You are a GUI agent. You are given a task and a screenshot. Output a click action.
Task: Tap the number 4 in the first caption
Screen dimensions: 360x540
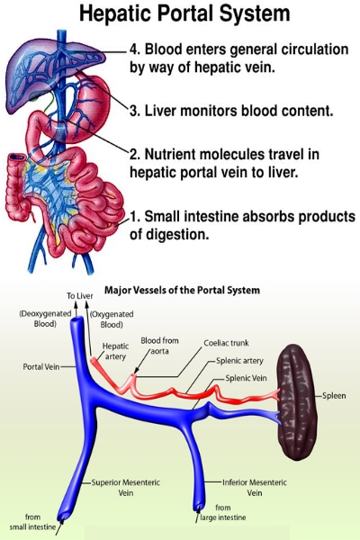(x=133, y=49)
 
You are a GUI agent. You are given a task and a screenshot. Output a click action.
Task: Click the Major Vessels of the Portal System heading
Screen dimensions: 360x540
(x=182, y=290)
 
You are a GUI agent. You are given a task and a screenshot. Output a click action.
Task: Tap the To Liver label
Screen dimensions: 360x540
(x=80, y=296)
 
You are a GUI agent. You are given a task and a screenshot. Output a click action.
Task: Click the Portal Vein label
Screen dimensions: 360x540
(x=41, y=367)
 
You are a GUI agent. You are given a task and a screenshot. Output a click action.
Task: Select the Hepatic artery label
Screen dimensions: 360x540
(x=115, y=351)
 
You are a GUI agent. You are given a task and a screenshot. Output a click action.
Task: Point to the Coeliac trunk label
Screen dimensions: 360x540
(x=226, y=343)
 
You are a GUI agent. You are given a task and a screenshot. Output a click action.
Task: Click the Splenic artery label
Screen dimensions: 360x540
(x=239, y=361)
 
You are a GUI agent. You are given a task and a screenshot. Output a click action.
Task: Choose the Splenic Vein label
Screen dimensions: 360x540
(x=246, y=378)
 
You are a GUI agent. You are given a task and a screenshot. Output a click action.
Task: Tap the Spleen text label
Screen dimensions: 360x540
(x=334, y=395)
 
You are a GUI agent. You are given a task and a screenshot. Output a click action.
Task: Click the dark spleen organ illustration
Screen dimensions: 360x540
(x=298, y=401)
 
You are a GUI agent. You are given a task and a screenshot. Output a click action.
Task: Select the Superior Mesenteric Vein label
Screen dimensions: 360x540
(x=126, y=487)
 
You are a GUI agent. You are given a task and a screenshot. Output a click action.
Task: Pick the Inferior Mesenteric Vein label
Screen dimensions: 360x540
(x=254, y=487)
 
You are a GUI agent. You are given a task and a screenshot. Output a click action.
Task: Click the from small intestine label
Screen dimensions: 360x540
(x=32, y=522)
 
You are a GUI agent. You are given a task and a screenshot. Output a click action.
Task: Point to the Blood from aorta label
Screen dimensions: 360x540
(x=160, y=346)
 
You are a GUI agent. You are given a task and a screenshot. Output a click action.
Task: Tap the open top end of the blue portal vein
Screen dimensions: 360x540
(x=76, y=322)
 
